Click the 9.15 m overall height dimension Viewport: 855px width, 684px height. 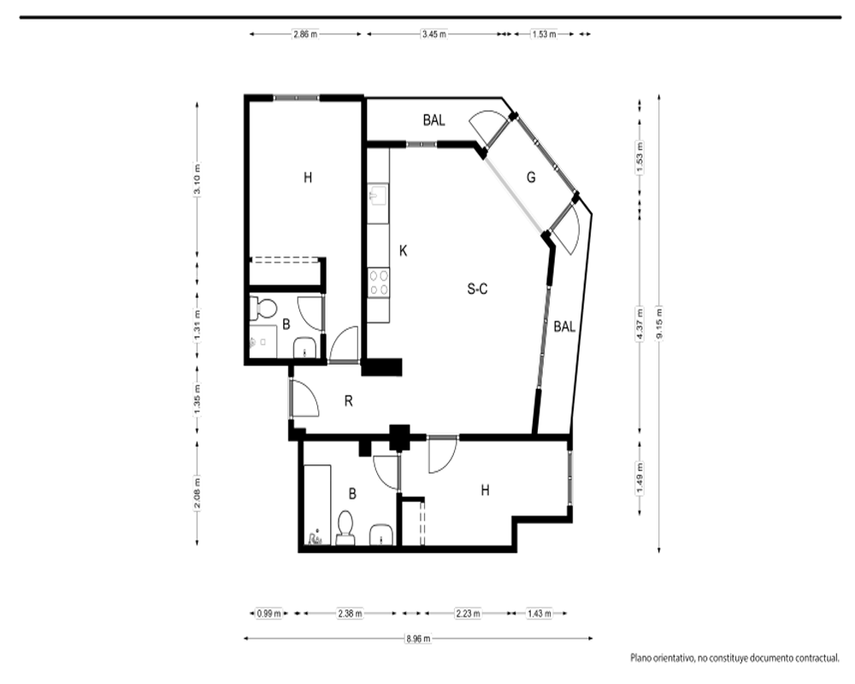click(659, 324)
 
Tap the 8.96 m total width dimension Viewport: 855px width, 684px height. click(418, 639)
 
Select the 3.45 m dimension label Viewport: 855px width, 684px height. click(434, 34)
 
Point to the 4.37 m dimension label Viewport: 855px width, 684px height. click(640, 324)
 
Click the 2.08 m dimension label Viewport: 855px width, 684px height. click(198, 492)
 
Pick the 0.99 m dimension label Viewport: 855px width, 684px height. click(268, 614)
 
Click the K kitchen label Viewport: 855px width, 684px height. click(403, 251)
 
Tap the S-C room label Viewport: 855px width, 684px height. click(477, 288)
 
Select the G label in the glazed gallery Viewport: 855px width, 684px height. click(531, 177)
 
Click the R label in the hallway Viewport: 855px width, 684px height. click(349, 402)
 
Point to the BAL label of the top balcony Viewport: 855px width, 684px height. click(434, 120)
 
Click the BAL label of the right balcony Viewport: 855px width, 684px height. click(564, 327)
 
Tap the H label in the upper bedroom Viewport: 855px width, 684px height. click(308, 177)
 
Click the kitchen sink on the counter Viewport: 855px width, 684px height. click(378, 195)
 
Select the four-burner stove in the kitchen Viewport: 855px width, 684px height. click(379, 283)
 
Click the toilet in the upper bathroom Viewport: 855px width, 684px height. click(262, 308)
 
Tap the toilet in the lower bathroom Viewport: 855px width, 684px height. click(345, 528)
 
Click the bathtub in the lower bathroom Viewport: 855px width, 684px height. click(317, 505)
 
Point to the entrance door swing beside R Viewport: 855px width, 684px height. click(305, 398)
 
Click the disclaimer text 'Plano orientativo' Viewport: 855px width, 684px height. click(662, 659)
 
